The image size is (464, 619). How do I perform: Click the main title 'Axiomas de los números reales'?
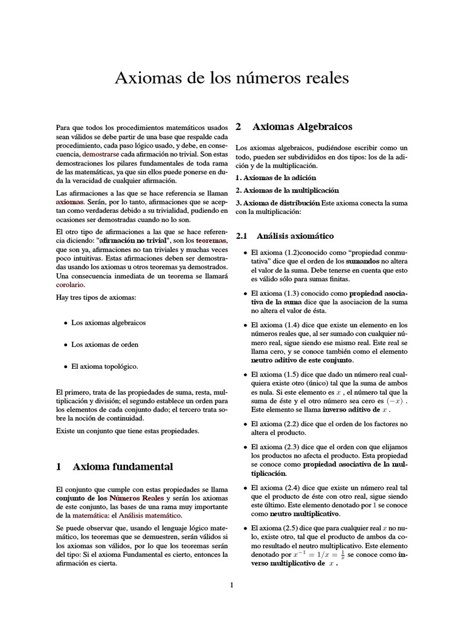[231, 78]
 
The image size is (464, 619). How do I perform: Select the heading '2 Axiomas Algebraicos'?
[294, 127]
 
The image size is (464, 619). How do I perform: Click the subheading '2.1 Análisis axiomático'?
[285, 235]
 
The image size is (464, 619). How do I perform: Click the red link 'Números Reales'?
[136, 497]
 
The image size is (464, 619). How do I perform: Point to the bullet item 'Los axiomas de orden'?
[105, 345]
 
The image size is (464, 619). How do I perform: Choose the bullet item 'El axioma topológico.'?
[105, 366]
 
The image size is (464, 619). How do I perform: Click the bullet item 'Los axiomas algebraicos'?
[108, 323]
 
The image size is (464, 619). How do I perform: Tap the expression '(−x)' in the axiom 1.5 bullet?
[395, 400]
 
